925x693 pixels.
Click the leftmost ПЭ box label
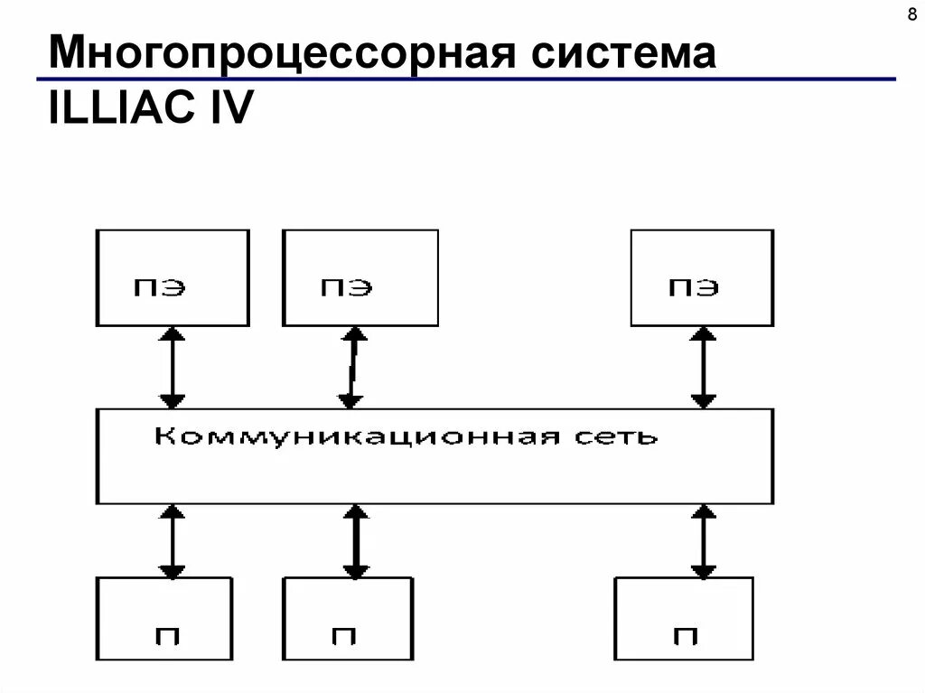160,287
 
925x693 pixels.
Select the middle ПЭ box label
346,287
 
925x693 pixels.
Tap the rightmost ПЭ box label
694,287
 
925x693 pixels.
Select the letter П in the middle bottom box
343,636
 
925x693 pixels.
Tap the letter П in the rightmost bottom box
684,636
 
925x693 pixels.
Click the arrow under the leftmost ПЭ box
172,367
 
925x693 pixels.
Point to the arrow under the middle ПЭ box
352,367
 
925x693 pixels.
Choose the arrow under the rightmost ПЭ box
703,367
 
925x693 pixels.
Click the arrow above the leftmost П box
172,541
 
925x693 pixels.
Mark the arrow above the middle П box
356,541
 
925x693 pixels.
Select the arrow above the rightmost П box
703,541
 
